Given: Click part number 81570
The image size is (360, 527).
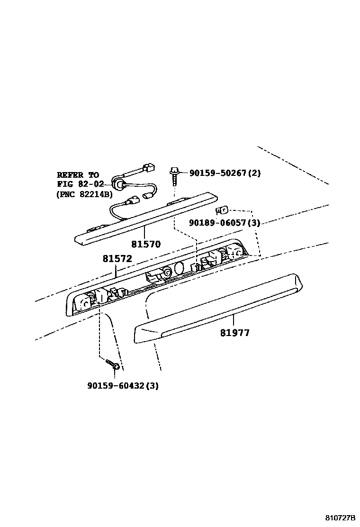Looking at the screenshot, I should pyautogui.click(x=146, y=245).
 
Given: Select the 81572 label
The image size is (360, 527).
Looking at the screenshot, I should pyautogui.click(x=117, y=259).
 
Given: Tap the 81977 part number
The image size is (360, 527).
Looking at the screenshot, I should pyautogui.click(x=234, y=333).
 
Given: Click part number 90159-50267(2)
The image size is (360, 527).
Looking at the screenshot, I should pyautogui.click(x=225, y=173).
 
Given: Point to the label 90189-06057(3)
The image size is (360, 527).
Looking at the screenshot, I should pyautogui.click(x=224, y=222).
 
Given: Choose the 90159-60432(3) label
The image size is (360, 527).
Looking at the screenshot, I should pyautogui.click(x=123, y=386).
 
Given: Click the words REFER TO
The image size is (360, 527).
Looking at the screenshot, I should pyautogui.click(x=78, y=175).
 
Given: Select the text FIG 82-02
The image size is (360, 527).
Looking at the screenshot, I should pyautogui.click(x=80, y=184).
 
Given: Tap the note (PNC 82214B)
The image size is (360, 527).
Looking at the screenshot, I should pyautogui.click(x=84, y=193).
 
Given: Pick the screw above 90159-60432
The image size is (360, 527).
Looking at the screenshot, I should pyautogui.click(x=113, y=364).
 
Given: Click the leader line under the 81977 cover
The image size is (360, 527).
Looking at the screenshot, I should pyautogui.click(x=234, y=319).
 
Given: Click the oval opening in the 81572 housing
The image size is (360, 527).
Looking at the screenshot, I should pyautogui.click(x=179, y=268).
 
